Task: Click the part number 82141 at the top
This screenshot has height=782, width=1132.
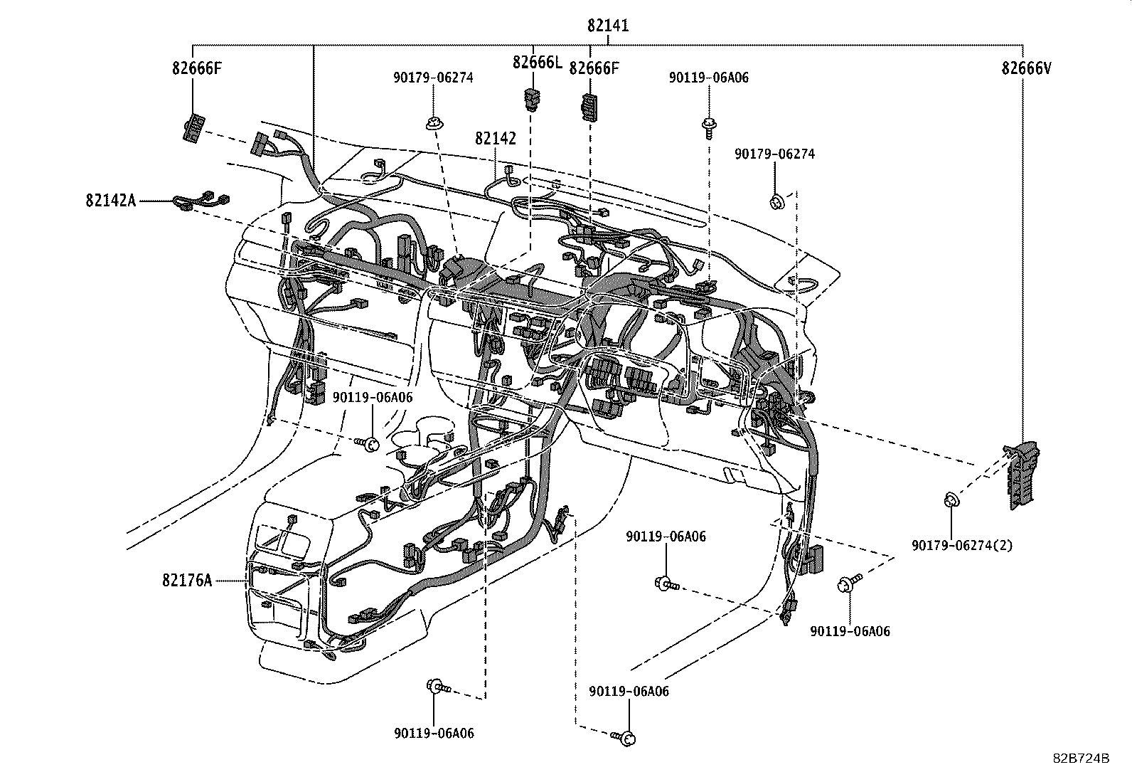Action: point(608,26)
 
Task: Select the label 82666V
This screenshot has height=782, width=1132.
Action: point(1026,68)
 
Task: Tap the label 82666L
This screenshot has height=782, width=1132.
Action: point(537,63)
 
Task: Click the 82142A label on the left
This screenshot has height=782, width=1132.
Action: point(110,201)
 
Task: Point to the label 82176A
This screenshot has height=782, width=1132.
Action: point(187,581)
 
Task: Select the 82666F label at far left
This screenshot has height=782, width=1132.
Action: point(196,68)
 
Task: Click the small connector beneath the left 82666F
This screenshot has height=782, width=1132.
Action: point(193,129)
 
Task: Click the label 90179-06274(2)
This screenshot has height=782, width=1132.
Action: point(961,546)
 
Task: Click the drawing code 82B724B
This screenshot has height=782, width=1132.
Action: point(1082,758)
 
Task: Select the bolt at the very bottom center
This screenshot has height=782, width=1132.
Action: point(624,738)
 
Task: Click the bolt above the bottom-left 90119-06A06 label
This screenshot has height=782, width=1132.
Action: point(437,687)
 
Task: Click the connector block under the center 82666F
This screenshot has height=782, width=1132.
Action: point(589,107)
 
